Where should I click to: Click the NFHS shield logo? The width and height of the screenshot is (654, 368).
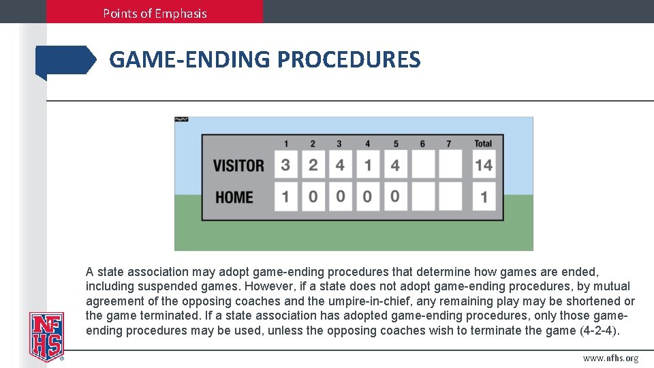pyautogui.click(x=46, y=336)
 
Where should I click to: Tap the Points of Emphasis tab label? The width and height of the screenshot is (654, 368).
pyautogui.click(x=155, y=13)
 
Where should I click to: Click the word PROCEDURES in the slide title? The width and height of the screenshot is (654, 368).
pyautogui.click(x=349, y=60)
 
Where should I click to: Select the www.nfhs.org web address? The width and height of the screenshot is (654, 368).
pyautogui.click(x=610, y=358)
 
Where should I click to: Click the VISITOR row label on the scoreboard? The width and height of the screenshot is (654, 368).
pyautogui.click(x=238, y=166)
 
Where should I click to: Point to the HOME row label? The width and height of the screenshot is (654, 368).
pyautogui.click(x=234, y=198)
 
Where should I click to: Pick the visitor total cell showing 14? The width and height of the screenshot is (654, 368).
pyautogui.click(x=484, y=166)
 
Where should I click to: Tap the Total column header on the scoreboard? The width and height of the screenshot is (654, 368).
pyautogui.click(x=483, y=144)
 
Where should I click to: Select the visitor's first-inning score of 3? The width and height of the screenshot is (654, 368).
pyautogui.click(x=286, y=166)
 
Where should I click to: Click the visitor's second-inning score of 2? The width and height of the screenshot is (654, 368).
pyautogui.click(x=313, y=166)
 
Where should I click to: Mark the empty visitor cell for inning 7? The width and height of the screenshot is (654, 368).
pyautogui.click(x=450, y=166)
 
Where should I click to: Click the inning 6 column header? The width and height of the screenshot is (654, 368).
pyautogui.click(x=422, y=144)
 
